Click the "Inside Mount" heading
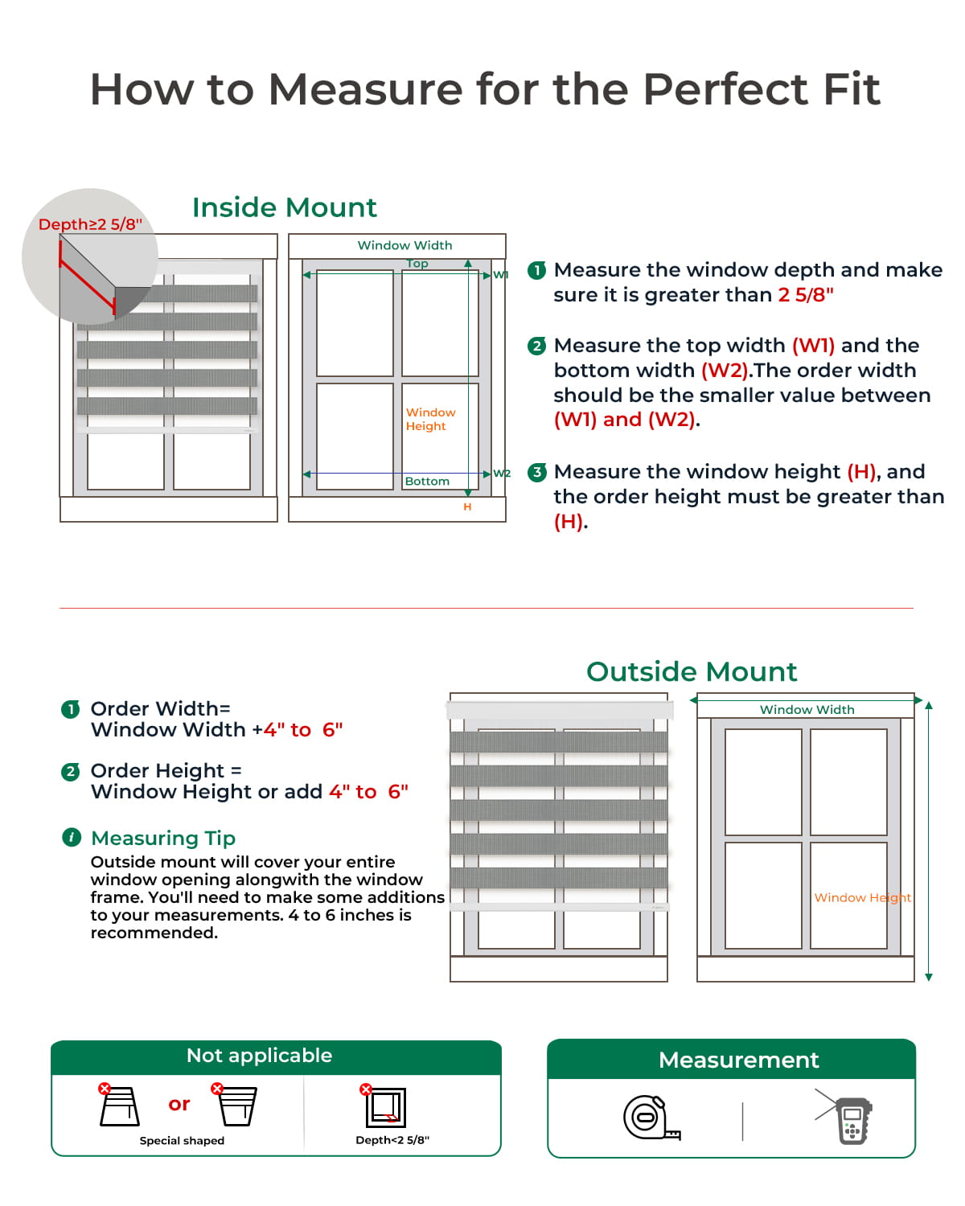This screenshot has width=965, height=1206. pyautogui.click(x=284, y=207)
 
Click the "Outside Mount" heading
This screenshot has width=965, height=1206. pyautogui.click(x=692, y=671)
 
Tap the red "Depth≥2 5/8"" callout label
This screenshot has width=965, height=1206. pyautogui.click(x=90, y=224)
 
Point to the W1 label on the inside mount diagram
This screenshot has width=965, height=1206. pyautogui.click(x=500, y=275)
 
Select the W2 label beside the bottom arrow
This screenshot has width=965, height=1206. pyautogui.click(x=502, y=474)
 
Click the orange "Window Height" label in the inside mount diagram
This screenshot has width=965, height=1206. pyautogui.click(x=430, y=419)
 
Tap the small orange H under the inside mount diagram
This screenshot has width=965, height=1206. pyautogui.click(x=467, y=507)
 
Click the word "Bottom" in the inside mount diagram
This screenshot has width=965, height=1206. pyautogui.click(x=427, y=481)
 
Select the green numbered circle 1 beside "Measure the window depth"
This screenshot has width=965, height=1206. pyautogui.click(x=536, y=270)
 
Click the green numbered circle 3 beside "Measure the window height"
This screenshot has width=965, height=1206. pyautogui.click(x=536, y=472)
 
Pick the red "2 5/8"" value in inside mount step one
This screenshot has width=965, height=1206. pyautogui.click(x=806, y=295)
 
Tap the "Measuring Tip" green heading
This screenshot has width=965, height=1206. pyautogui.click(x=163, y=838)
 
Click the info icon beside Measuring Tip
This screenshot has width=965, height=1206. pyautogui.click(x=72, y=838)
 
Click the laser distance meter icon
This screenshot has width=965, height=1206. pyautogui.click(x=851, y=1119)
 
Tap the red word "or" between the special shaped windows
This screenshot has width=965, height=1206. pyautogui.click(x=179, y=1104)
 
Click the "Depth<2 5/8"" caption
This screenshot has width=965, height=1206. pyautogui.click(x=392, y=1140)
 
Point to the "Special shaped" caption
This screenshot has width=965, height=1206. pyautogui.click(x=182, y=1140)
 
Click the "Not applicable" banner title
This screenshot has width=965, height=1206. pyautogui.click(x=259, y=1056)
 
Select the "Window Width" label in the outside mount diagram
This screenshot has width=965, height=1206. pyautogui.click(x=807, y=709)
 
